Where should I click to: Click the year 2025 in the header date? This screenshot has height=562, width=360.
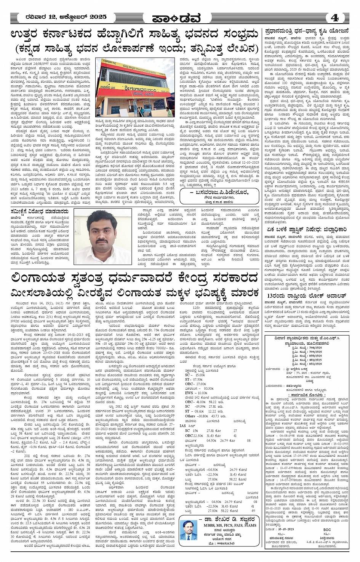point(96,17)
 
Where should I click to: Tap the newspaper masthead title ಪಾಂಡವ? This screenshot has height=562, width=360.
point(180,18)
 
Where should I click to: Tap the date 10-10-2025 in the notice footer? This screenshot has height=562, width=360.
point(286,530)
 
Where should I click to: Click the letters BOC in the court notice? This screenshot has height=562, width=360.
point(327,530)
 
